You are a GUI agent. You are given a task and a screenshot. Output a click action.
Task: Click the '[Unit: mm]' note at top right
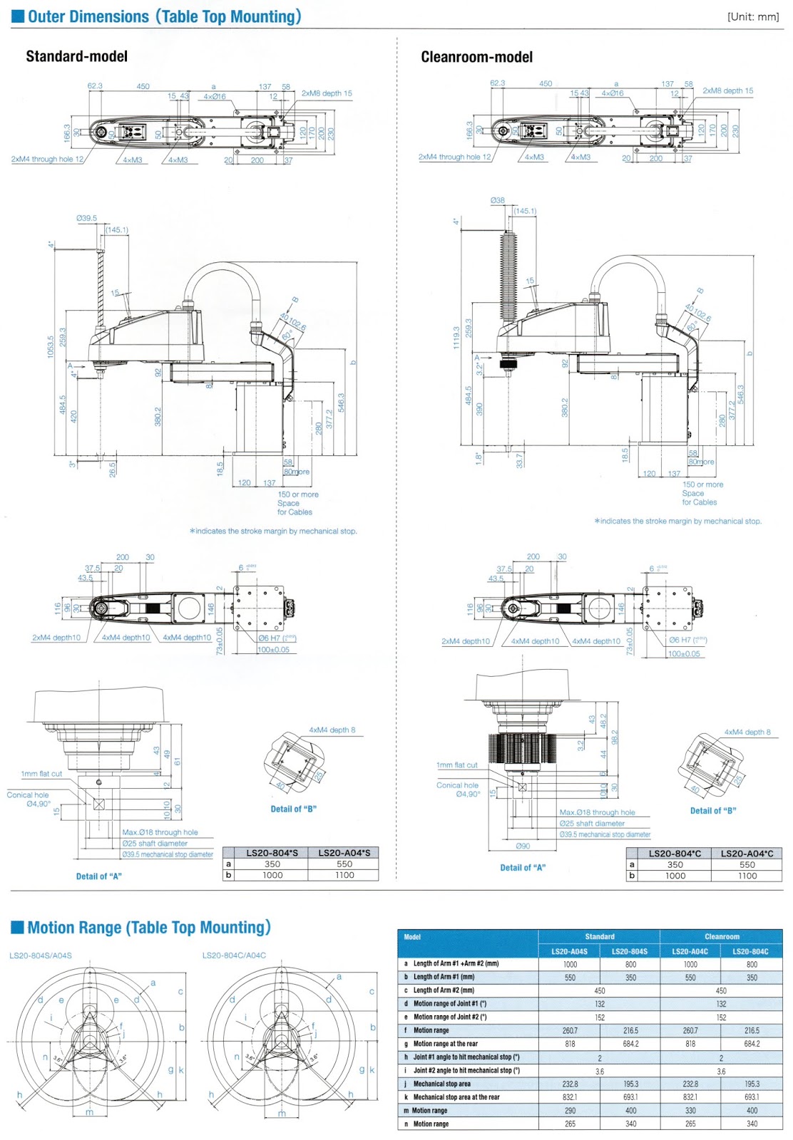click(753, 17)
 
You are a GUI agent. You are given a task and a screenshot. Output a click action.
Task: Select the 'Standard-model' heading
click(77, 56)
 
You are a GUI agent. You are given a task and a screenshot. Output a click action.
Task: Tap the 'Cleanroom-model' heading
click(476, 57)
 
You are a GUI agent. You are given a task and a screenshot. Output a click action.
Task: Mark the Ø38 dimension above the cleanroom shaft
click(497, 201)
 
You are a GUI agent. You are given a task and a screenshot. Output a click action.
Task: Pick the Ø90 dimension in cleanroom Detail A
click(523, 846)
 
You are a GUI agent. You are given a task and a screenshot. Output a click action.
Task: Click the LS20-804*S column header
click(272, 853)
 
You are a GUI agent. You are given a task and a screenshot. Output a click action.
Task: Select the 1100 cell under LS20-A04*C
click(747, 876)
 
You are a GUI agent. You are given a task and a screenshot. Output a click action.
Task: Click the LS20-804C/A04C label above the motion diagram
click(234, 955)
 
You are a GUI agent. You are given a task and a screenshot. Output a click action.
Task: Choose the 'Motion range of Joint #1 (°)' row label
click(450, 1004)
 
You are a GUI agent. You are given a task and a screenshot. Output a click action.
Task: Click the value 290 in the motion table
click(570, 1111)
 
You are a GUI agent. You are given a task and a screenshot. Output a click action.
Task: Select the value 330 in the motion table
click(690, 1111)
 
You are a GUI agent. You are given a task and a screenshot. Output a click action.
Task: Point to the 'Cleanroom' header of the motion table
click(722, 937)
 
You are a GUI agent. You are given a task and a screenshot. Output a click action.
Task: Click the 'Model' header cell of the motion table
click(412, 937)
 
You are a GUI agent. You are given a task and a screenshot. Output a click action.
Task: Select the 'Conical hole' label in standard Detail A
click(28, 795)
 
